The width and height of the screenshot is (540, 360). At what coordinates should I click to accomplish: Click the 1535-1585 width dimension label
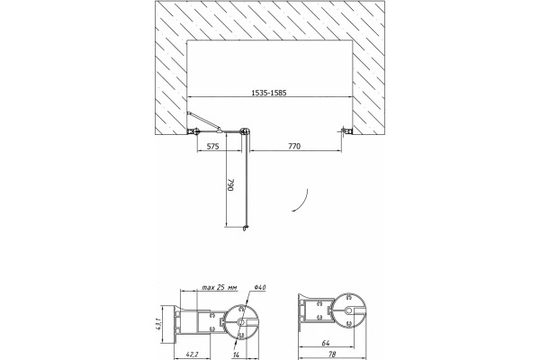coord(269,93)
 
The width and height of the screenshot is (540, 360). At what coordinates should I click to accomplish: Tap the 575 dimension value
coord(212,147)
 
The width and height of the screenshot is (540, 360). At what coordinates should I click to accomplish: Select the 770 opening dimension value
coord(294,147)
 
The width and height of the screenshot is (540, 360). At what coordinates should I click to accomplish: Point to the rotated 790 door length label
coord(230,184)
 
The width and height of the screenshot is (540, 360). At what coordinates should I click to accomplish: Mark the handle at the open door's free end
coord(245,228)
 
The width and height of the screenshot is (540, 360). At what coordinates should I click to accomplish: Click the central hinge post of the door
coord(246,131)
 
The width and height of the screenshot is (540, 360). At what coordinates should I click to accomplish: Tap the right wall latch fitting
coord(346,130)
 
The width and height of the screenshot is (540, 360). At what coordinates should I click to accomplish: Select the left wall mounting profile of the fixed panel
coord(193,131)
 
